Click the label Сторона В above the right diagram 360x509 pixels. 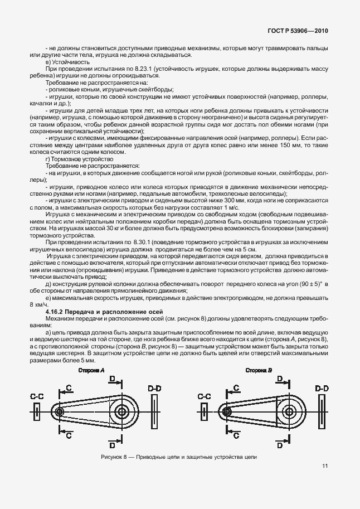pyautogui.click(x=258, y=371)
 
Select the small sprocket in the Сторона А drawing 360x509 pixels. pyautogui.click(x=60, y=411)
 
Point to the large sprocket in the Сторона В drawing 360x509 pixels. pyautogui.click(x=289, y=411)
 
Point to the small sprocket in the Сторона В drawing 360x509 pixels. pyautogui.click(x=227, y=411)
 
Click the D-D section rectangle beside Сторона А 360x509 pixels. pyautogui.click(x=154, y=411)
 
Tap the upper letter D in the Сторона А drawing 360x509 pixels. pyautogui.click(x=112, y=379)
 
